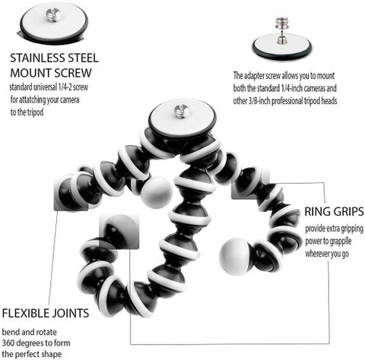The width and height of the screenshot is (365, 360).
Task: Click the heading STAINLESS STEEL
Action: point(54,58)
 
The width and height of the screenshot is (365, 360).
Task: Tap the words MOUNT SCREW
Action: point(51,73)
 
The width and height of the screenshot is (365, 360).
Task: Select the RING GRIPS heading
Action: point(334,212)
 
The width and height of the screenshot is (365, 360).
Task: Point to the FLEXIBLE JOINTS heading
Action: point(46,313)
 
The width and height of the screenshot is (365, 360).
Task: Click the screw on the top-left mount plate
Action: point(53,15)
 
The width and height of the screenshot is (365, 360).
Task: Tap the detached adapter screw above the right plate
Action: point(281,23)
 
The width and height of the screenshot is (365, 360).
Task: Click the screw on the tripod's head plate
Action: point(180,112)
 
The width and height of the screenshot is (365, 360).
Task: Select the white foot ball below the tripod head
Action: point(157,192)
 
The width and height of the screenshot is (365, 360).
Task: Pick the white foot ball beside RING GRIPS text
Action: point(234,256)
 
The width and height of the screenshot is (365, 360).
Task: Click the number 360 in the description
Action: point(9,343)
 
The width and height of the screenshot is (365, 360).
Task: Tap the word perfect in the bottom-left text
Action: point(30,354)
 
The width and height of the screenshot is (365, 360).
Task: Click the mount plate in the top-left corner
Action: point(54,23)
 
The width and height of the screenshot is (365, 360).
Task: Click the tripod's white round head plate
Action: point(182,118)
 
